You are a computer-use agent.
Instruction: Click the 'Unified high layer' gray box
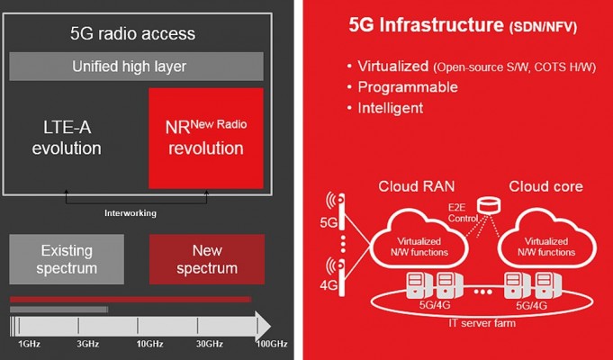pyautogui.click(x=136, y=67)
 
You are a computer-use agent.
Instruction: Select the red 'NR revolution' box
pyautogui.click(x=206, y=138)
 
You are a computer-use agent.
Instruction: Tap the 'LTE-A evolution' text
pyautogui.click(x=67, y=138)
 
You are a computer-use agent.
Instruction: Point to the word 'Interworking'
pyautogui.click(x=131, y=213)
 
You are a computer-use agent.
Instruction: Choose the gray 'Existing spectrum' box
pyautogui.click(x=67, y=259)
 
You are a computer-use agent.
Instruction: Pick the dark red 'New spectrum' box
pyautogui.click(x=207, y=259)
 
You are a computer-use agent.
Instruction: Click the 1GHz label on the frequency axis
pyautogui.click(x=30, y=344)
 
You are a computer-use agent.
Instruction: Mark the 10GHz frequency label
pyautogui.click(x=149, y=344)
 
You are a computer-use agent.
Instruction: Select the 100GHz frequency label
pyautogui.click(x=272, y=344)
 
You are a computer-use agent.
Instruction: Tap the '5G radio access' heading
pyautogui.click(x=133, y=33)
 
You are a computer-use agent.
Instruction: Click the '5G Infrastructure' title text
pyautogui.click(x=426, y=25)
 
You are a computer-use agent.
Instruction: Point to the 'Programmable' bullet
pyautogui.click(x=408, y=86)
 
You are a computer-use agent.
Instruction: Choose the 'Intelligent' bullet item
pyautogui.click(x=391, y=108)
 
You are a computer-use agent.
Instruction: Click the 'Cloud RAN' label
pyautogui.click(x=417, y=186)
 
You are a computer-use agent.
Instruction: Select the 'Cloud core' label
pyautogui.click(x=545, y=186)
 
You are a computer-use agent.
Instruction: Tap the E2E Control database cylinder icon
pyautogui.click(x=489, y=206)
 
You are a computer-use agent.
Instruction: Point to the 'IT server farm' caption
pyautogui.click(x=482, y=323)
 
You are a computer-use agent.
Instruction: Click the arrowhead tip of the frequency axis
pyautogui.click(x=271, y=326)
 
